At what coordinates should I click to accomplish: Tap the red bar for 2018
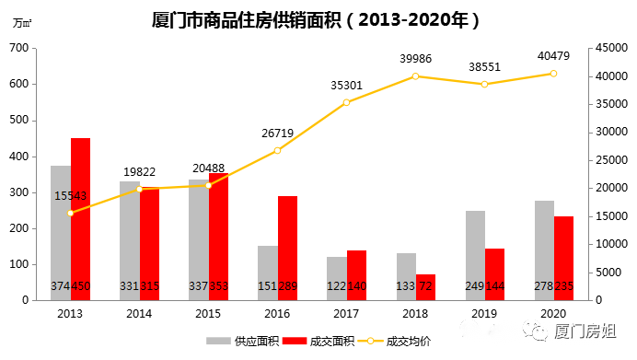tap(426, 286)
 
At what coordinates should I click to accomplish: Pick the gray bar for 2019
tap(475, 255)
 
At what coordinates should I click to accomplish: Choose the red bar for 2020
tap(563, 258)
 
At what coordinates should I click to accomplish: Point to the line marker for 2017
tap(346, 102)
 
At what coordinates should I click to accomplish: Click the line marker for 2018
tap(415, 75)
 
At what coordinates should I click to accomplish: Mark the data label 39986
tap(415, 58)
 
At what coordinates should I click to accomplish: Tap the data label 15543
tap(71, 196)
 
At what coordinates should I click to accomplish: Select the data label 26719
tap(277, 133)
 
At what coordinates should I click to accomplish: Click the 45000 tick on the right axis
tap(608, 48)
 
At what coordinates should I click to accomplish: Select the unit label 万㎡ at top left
tap(22, 23)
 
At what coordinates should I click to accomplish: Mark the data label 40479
tap(553, 55)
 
